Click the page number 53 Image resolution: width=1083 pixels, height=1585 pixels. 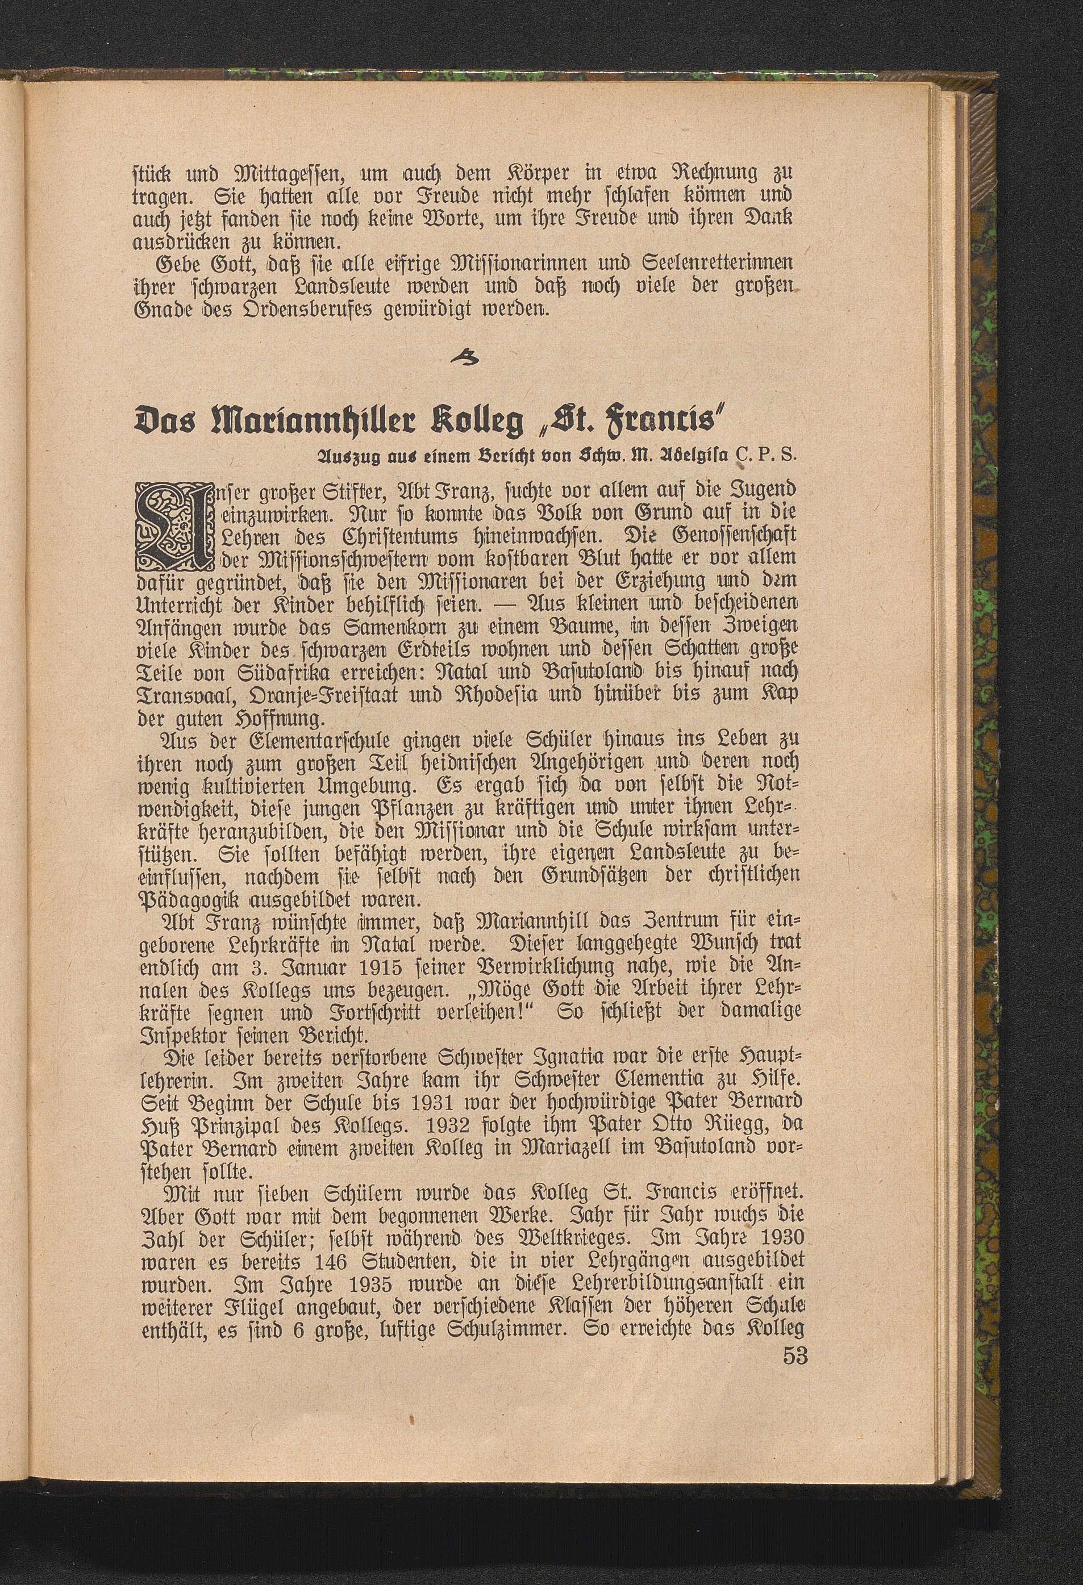click(795, 1561)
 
